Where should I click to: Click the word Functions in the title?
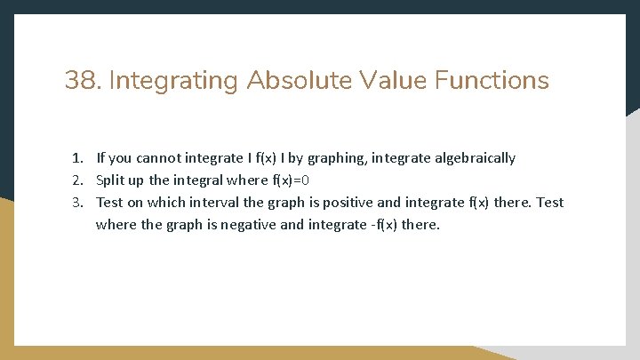492,81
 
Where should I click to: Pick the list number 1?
78,158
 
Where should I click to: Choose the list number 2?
78,180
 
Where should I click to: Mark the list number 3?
78,203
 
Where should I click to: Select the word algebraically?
474,158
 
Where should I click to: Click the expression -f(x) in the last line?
378,225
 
